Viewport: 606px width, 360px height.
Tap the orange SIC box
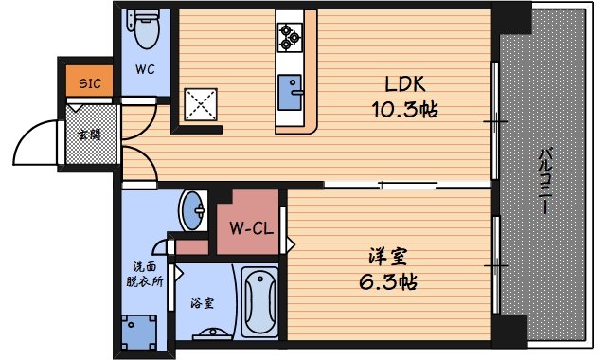(88, 82)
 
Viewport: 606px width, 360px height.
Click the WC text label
(145, 69)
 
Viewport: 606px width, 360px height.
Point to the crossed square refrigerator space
(202, 104)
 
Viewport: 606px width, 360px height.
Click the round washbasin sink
(194, 210)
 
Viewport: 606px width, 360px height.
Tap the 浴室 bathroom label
(202, 303)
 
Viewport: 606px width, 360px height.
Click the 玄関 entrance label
(88, 133)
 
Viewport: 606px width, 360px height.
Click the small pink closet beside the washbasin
(192, 247)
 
